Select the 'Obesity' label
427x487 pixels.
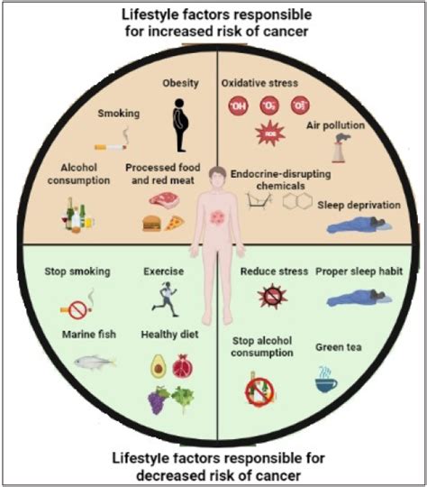click(180, 84)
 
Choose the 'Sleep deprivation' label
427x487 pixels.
click(359, 205)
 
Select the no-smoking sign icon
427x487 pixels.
click(77, 309)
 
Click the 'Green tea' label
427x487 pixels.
click(340, 346)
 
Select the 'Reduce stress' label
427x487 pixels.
click(274, 271)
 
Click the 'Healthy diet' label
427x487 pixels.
click(168, 335)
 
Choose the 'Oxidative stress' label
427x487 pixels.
click(259, 84)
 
